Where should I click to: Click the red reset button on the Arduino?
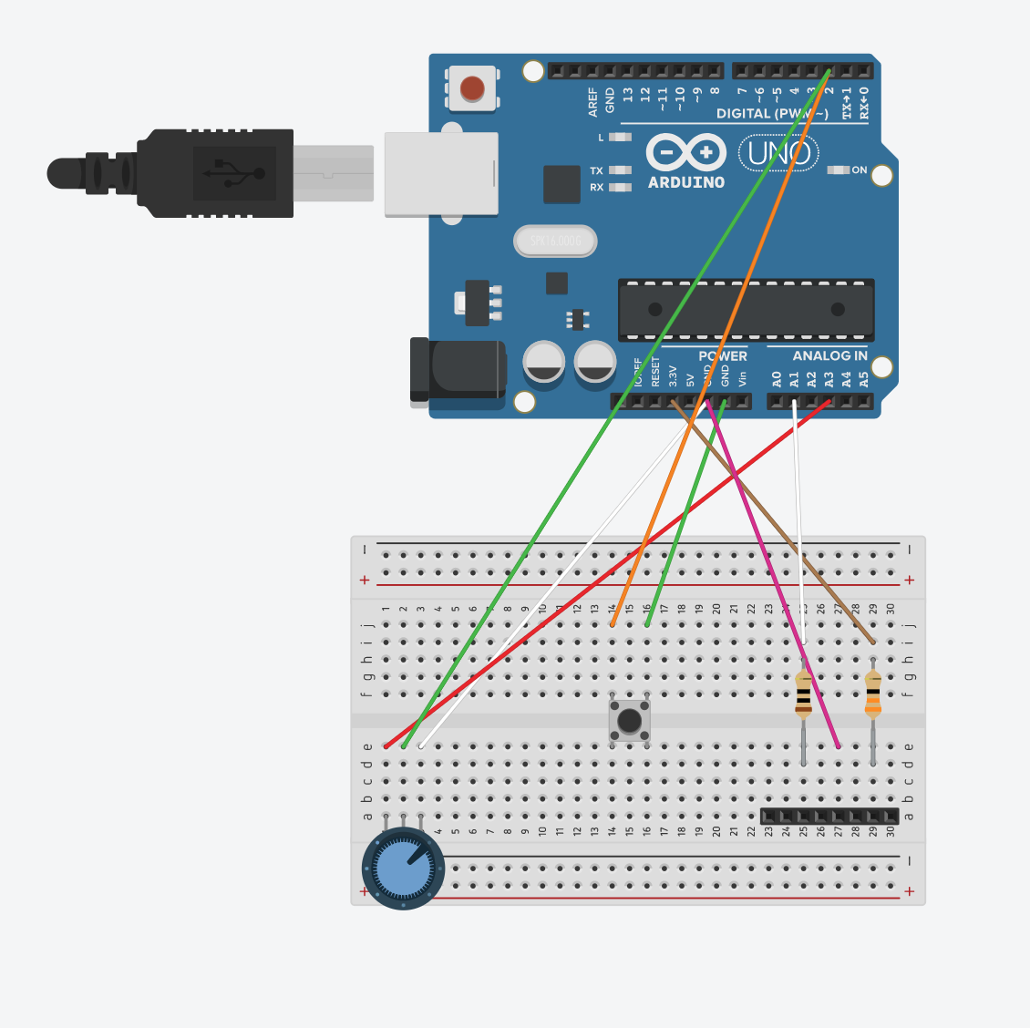click(472, 88)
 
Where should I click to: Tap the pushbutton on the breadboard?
click(629, 721)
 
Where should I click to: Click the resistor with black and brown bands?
click(803, 697)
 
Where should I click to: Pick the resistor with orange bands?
click(873, 697)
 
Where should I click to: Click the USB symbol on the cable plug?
click(234, 173)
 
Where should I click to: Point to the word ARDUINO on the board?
click(686, 182)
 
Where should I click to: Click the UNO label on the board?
click(778, 153)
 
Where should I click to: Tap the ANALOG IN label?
click(829, 355)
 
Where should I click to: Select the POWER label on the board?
click(722, 355)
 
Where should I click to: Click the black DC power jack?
click(458, 369)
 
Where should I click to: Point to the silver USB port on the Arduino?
click(441, 173)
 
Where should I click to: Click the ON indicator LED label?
click(859, 170)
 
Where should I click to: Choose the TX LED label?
click(596, 170)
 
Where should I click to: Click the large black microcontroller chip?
click(746, 310)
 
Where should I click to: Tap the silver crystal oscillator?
click(555, 242)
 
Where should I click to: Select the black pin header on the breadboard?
click(829, 816)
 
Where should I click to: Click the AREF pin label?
click(593, 101)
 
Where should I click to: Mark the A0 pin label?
click(777, 378)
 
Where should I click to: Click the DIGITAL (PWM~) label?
click(772, 114)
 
